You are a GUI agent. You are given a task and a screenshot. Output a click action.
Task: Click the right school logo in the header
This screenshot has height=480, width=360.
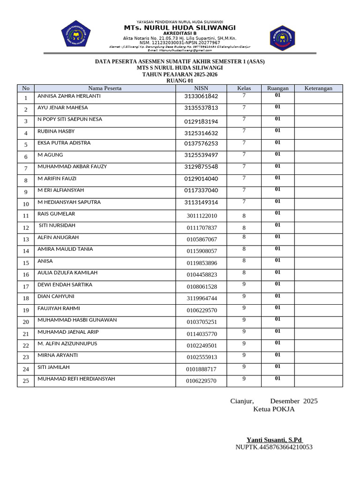point(282,37)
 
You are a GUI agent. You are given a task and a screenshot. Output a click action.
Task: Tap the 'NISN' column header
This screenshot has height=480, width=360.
point(201,88)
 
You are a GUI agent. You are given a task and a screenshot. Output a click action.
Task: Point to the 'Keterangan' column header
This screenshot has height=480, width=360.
point(318,88)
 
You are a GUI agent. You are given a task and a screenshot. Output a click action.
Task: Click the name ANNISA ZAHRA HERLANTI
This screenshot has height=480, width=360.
point(69,96)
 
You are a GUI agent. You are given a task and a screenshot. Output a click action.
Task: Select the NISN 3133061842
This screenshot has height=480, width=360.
point(201,96)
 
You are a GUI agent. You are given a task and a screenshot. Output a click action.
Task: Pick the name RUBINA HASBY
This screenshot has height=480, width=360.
point(56,131)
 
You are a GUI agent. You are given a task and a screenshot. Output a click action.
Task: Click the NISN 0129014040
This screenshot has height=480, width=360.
point(201,179)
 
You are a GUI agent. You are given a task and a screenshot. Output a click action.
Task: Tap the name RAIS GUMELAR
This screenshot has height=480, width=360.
point(56,214)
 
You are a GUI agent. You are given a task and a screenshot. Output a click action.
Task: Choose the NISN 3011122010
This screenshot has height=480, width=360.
point(202,216)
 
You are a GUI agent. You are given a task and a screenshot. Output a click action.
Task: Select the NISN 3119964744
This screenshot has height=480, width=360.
point(202,299)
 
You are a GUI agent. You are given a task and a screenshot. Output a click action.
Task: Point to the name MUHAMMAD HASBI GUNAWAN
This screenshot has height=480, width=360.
point(77,320)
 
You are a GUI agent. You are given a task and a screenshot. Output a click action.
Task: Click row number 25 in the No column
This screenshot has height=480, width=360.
point(26,381)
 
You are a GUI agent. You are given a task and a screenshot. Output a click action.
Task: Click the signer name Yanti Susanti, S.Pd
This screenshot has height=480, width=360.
point(275,440)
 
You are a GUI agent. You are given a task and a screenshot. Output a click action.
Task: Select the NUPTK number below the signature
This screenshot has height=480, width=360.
point(274,447)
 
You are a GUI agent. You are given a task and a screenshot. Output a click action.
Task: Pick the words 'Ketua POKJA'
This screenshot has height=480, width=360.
point(274,409)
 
